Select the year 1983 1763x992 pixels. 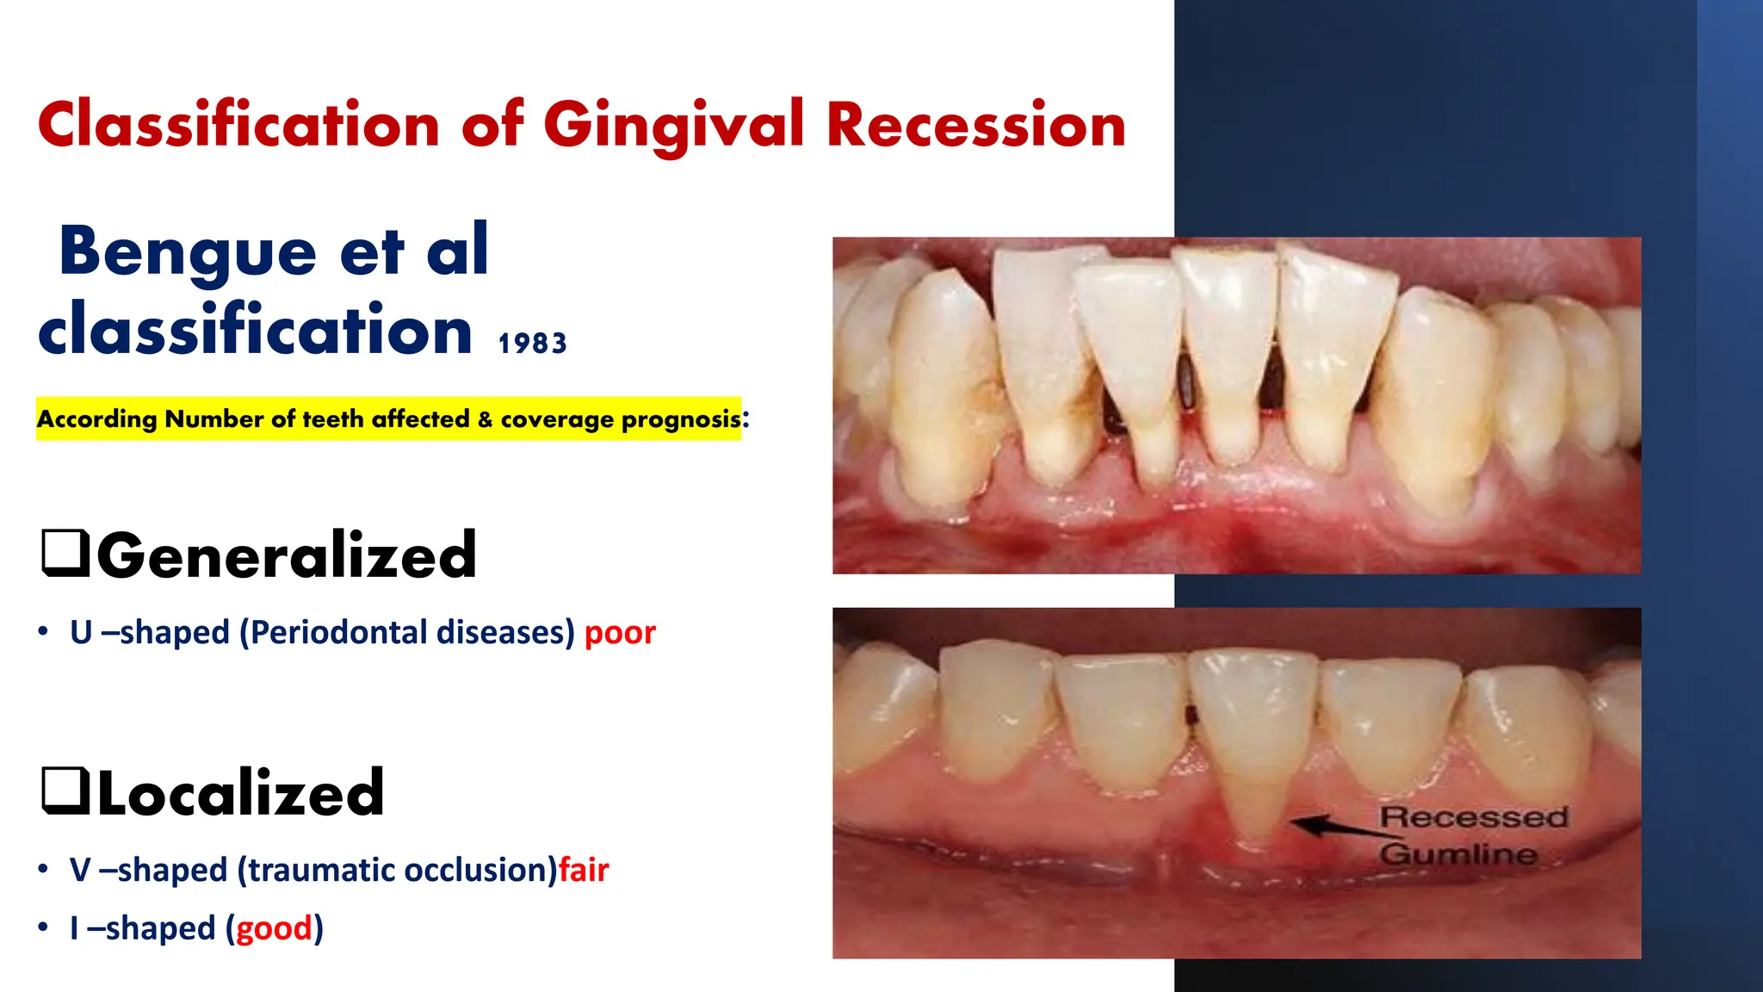(532, 344)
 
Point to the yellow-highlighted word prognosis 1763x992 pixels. (680, 419)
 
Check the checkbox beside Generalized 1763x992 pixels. (65, 554)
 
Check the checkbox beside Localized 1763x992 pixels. (65, 790)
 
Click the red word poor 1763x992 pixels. (620, 633)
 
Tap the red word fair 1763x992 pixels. (584, 871)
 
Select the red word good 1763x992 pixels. (274, 929)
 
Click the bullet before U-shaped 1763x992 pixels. (43, 633)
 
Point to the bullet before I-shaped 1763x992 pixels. (43, 929)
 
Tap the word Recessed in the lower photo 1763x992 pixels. (1474, 817)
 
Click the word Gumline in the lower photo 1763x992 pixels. (1458, 854)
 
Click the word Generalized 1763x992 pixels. (287, 556)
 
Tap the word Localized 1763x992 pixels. (241, 793)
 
